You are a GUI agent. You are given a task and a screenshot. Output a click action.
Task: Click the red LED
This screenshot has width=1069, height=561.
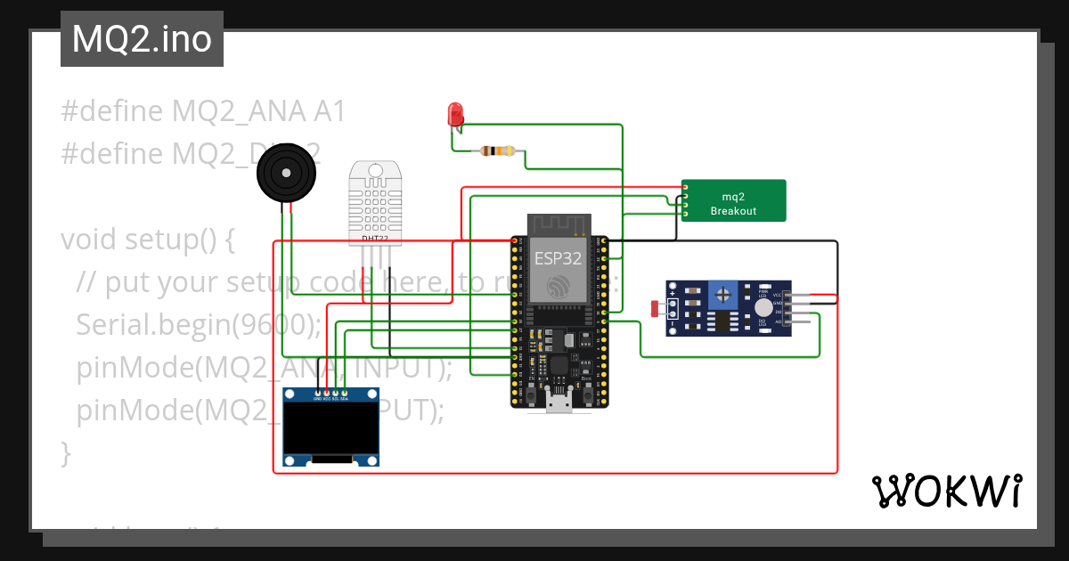click(x=455, y=113)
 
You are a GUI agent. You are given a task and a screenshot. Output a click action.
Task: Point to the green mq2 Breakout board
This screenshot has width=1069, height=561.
click(x=734, y=200)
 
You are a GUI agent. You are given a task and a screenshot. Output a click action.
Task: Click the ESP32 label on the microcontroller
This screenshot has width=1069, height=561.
click(x=559, y=258)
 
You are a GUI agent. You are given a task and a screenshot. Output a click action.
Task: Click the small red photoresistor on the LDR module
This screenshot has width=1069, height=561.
click(x=657, y=309)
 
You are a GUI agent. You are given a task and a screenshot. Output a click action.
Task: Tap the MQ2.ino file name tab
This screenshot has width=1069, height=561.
click(x=142, y=39)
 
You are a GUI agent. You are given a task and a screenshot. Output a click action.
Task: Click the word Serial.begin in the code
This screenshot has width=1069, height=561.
click(x=150, y=325)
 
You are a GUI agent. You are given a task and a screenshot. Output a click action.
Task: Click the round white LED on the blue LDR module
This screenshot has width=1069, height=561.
click(x=763, y=307)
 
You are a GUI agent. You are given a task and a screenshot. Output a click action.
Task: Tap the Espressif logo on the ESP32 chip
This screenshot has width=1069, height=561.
click(x=559, y=288)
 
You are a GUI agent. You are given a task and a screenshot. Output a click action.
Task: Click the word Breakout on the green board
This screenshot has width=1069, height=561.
click(x=733, y=211)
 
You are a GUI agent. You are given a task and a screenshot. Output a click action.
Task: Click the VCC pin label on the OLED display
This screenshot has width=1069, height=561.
click(x=326, y=398)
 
